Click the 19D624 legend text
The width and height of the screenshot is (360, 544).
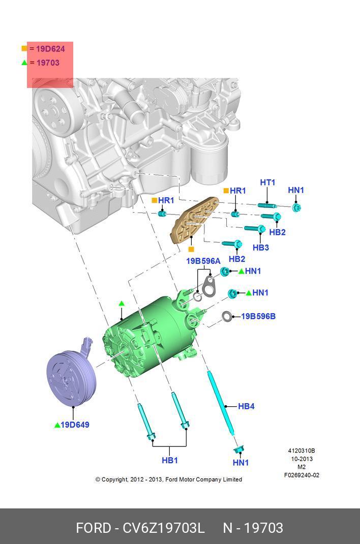(50, 49)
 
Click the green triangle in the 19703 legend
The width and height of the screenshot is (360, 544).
(24, 63)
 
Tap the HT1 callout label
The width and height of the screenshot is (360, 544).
(267, 183)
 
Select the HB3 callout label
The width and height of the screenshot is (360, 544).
(260, 248)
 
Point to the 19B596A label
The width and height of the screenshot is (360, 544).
(203, 261)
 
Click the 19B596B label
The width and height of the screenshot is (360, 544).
(258, 316)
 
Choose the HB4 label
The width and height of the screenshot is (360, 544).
(246, 406)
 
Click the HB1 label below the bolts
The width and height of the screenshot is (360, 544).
(170, 460)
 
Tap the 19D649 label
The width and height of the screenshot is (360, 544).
(75, 425)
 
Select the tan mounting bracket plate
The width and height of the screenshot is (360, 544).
(193, 221)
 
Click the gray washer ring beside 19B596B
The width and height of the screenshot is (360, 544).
(227, 317)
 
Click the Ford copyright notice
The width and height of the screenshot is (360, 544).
(168, 479)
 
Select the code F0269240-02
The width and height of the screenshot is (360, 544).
(302, 475)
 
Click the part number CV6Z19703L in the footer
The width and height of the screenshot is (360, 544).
(164, 528)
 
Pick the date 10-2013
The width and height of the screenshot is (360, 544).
(302, 459)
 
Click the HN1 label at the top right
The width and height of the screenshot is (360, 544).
(295, 190)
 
